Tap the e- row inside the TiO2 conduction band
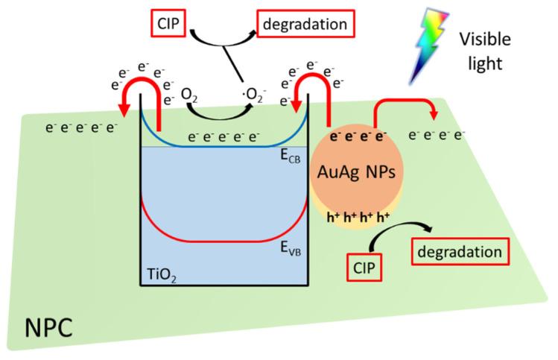(223, 137)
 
